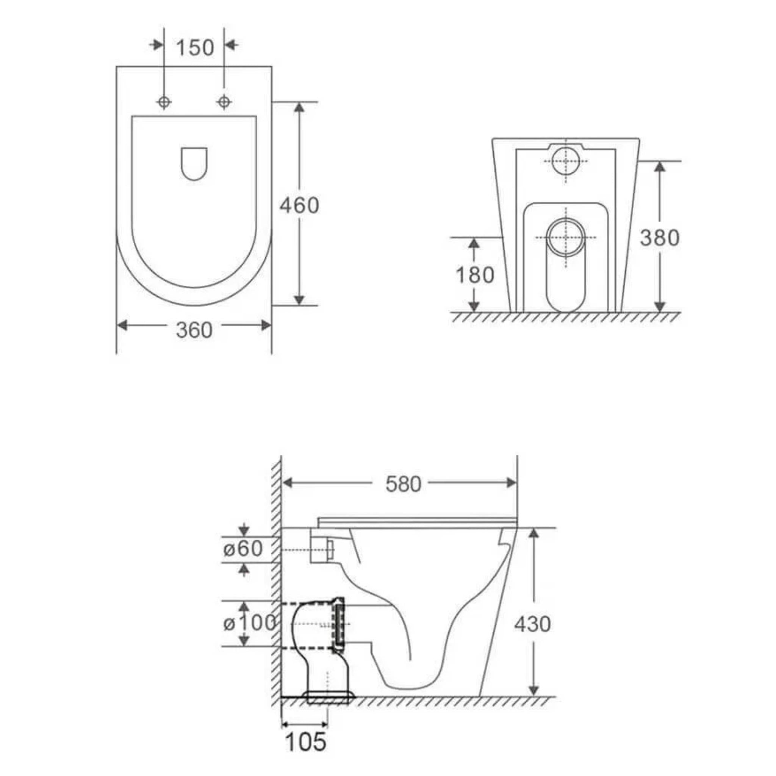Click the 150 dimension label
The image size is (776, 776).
click(x=195, y=48)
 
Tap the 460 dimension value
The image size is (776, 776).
click(x=299, y=205)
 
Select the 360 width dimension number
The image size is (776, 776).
click(x=194, y=330)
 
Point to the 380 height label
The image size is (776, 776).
click(x=659, y=237)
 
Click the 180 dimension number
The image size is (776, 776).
click(x=474, y=275)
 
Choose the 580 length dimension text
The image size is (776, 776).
click(x=403, y=484)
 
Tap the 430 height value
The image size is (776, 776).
click(x=533, y=624)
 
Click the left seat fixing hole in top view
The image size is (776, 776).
click(x=164, y=102)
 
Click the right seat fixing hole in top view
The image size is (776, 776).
click(x=224, y=102)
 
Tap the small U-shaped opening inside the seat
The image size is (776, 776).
click(x=194, y=163)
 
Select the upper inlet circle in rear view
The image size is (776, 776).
click(x=566, y=161)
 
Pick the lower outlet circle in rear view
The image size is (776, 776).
click(x=566, y=237)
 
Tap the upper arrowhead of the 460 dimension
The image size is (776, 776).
click(x=299, y=108)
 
